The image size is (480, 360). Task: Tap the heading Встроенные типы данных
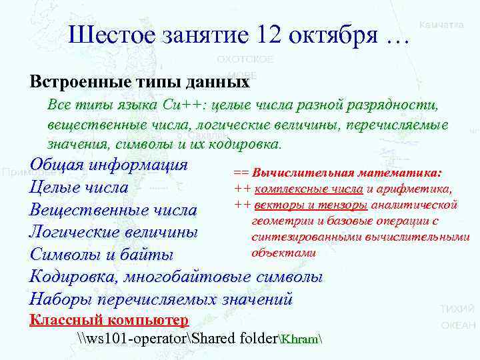tap(139, 83)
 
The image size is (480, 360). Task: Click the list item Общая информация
tap(109, 165)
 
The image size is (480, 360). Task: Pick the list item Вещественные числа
tap(113, 210)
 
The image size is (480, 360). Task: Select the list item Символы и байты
tap(101, 255)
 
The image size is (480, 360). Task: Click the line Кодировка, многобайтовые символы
tap(176, 277)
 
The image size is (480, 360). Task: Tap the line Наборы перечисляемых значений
tap(161, 299)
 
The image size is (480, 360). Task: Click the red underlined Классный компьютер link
tap(109, 319)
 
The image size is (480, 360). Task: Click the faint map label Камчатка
tap(441, 25)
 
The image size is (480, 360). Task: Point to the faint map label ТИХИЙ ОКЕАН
tap(458, 317)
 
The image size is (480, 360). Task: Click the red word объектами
tap(283, 253)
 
